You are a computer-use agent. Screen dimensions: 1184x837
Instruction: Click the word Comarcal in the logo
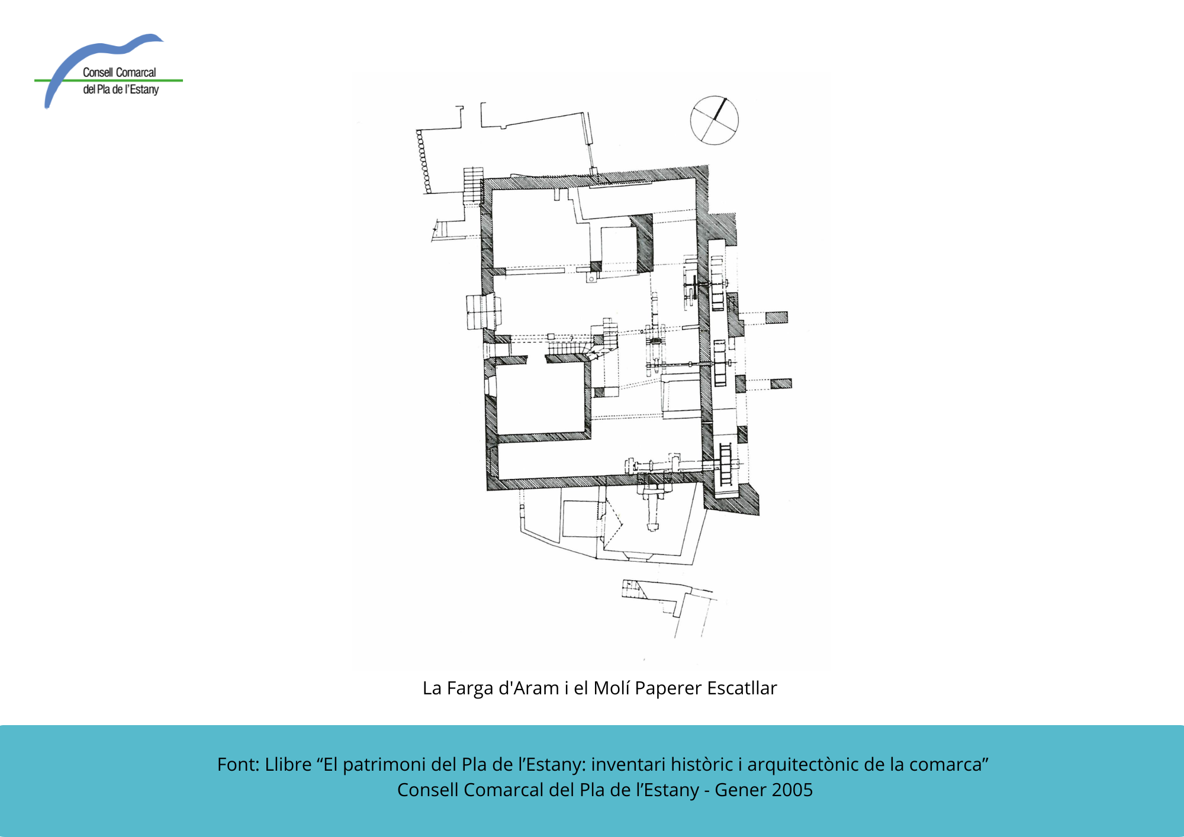click(x=136, y=72)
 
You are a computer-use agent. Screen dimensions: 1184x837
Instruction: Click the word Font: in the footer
click(x=238, y=764)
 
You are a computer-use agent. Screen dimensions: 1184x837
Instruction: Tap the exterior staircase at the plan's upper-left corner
click(x=473, y=186)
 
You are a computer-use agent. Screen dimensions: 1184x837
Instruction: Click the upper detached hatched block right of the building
click(x=777, y=317)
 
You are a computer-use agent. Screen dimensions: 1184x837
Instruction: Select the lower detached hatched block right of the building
click(x=781, y=383)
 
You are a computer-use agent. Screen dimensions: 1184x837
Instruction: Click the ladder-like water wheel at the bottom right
click(x=726, y=464)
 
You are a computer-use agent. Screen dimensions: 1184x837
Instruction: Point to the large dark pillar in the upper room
click(x=642, y=243)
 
